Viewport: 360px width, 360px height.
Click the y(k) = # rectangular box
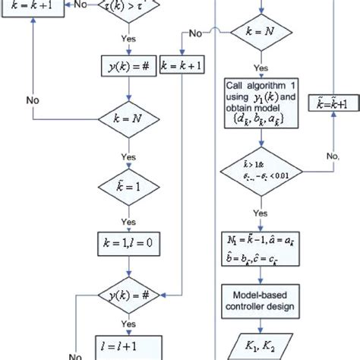click(125, 66)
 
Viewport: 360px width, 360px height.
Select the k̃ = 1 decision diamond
click(125, 184)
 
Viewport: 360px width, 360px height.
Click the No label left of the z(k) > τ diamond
click(80, 5)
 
